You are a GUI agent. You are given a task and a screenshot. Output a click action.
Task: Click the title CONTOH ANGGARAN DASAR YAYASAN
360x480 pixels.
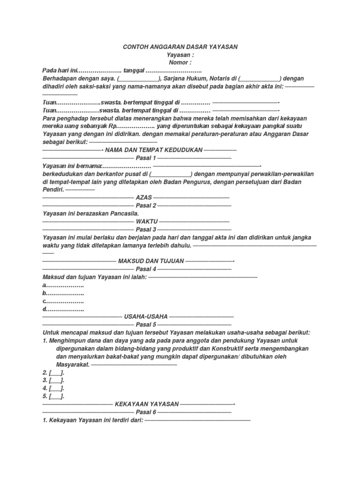pyautogui.click(x=180, y=47)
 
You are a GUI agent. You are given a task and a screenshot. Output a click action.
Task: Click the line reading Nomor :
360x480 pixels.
pyautogui.click(x=180, y=62)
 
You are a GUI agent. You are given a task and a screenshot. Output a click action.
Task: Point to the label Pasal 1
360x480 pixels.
pyautogui.click(x=146, y=158)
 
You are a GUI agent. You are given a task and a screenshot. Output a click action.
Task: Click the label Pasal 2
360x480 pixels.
pyautogui.click(x=146, y=206)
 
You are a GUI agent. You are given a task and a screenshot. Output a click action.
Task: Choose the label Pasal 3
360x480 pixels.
pyautogui.click(x=146, y=230)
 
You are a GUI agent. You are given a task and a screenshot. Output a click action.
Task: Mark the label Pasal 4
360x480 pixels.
pyautogui.click(x=146, y=269)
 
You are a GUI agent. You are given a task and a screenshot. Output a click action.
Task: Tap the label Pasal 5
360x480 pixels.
pyautogui.click(x=146, y=324)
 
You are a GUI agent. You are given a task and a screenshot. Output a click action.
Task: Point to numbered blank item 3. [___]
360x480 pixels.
pyautogui.click(x=53, y=380)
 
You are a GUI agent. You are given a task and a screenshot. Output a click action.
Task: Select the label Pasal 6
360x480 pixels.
pyautogui.click(x=146, y=412)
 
